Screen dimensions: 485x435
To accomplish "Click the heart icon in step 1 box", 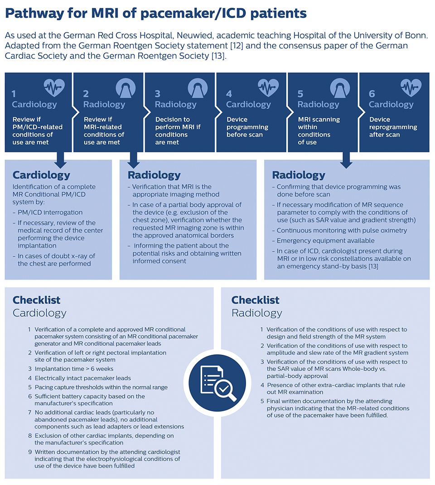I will (54, 87).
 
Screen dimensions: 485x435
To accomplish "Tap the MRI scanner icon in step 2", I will (126, 87).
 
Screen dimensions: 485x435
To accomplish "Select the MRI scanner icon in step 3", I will (197, 87).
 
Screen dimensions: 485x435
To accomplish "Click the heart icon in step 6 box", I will (411, 87).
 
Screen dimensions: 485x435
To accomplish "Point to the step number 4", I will (229, 94).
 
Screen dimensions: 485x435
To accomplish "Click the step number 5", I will (300, 94).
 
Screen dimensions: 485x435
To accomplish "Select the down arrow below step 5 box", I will (346, 159).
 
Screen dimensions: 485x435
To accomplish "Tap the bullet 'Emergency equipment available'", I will (325, 241).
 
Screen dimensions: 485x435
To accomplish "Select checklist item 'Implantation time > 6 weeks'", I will (74, 369).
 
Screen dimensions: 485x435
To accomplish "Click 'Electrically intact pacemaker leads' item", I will (82, 378).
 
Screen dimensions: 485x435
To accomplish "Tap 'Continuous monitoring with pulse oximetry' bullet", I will (342, 231).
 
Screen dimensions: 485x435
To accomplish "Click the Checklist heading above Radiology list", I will (255, 300).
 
